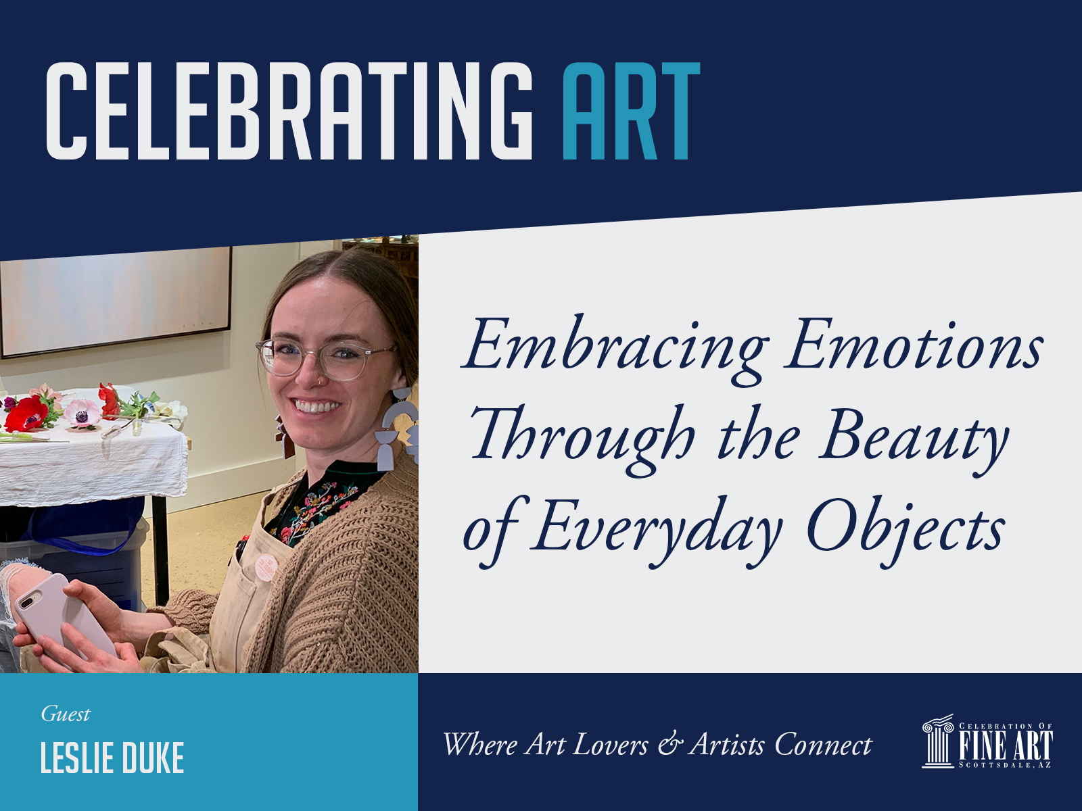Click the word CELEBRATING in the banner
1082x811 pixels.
point(289,111)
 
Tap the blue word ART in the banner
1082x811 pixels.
point(632,111)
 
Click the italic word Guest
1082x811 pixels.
point(66,714)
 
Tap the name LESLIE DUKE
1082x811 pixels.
point(112,758)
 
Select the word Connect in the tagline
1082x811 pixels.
point(823,745)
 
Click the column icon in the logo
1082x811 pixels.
point(938,741)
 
